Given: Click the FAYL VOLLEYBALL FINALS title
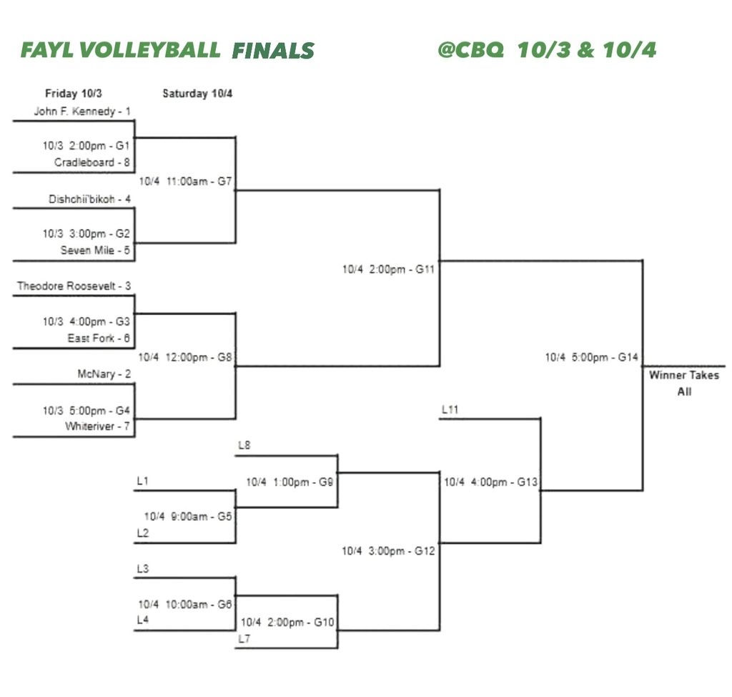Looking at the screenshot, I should tap(167, 50).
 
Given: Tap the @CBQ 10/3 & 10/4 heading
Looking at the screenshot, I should tap(547, 50).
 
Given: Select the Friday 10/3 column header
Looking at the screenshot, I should tap(73, 94).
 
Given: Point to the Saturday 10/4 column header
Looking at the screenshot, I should tap(197, 94).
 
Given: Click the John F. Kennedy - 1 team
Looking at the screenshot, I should tap(82, 112).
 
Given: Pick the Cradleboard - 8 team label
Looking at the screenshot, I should tap(92, 162).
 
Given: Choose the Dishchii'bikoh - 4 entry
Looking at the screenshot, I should tap(89, 200).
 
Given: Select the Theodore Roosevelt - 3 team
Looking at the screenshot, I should tap(74, 286).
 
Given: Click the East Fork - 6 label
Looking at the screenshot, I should tap(99, 338).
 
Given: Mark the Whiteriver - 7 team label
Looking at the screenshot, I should tap(98, 427).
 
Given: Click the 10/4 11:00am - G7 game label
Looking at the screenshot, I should tap(186, 182).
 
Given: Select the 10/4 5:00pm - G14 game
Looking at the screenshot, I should tap(592, 357).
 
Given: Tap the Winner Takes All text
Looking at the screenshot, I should tap(684, 384).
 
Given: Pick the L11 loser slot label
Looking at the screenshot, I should tap(450, 410).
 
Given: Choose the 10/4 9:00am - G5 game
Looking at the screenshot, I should tap(189, 516).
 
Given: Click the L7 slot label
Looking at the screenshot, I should tap(244, 639).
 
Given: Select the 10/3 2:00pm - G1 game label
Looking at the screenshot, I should tap(86, 145).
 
